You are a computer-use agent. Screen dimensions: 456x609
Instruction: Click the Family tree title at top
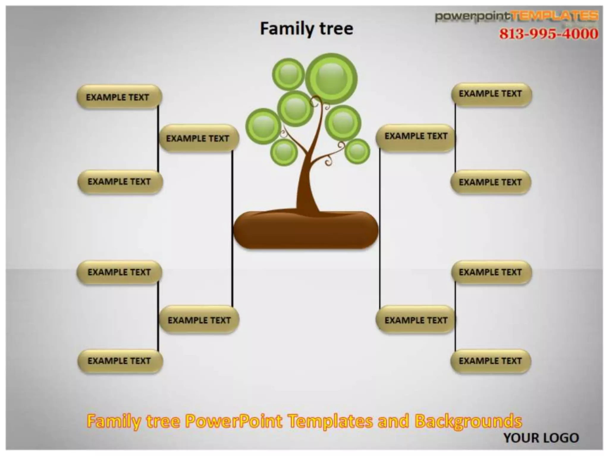click(x=307, y=29)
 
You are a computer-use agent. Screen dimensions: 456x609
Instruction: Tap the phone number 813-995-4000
click(x=548, y=34)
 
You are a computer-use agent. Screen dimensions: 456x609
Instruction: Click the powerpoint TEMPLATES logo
click(x=517, y=16)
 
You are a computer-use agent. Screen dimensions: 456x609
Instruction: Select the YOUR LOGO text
click(x=541, y=438)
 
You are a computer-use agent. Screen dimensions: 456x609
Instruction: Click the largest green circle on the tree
click(x=331, y=79)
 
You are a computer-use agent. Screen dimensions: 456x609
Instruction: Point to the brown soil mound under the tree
click(x=306, y=230)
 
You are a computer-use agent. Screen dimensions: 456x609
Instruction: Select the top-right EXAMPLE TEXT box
click(x=491, y=94)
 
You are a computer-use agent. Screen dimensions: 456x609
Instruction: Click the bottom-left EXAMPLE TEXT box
click(x=120, y=361)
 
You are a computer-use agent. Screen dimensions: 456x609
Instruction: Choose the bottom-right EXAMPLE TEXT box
click(x=491, y=361)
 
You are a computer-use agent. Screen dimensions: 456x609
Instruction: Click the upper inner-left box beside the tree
click(x=199, y=138)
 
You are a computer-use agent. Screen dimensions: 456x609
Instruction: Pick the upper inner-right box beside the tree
click(x=416, y=137)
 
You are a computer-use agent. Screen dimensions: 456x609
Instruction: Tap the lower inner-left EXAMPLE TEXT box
click(x=199, y=320)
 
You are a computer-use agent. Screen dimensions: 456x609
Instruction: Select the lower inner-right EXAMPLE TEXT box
click(x=416, y=320)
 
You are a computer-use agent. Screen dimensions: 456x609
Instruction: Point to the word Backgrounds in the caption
click(x=468, y=421)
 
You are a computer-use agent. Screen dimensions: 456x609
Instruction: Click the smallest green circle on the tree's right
click(x=357, y=151)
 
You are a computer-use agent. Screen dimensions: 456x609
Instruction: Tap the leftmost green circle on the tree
click(x=263, y=126)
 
